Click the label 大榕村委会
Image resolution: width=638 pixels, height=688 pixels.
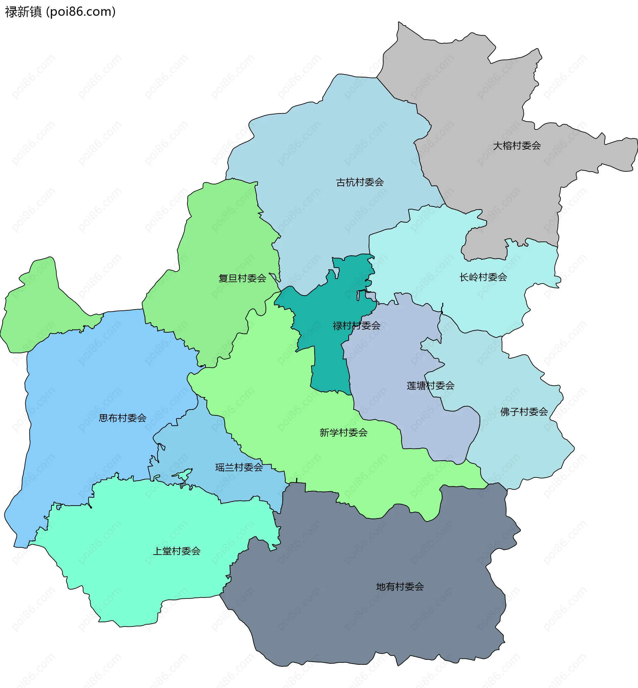click(516, 146)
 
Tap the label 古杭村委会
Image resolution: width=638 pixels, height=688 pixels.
click(360, 182)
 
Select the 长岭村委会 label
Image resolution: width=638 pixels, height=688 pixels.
click(483, 277)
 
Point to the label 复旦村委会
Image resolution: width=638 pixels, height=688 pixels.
click(242, 278)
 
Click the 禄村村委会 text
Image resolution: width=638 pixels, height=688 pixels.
click(356, 326)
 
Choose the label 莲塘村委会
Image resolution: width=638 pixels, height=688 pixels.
click(431, 386)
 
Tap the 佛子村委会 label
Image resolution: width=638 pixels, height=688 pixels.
click(524, 412)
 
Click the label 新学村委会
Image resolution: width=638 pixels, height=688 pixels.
click(344, 432)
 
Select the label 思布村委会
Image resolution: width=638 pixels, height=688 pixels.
click(123, 418)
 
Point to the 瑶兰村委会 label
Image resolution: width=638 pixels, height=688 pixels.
click(239, 467)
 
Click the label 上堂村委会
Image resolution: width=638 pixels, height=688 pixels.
click(177, 551)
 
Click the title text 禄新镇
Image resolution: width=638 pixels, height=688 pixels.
click(23, 12)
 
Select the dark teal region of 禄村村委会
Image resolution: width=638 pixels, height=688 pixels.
click(328, 367)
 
